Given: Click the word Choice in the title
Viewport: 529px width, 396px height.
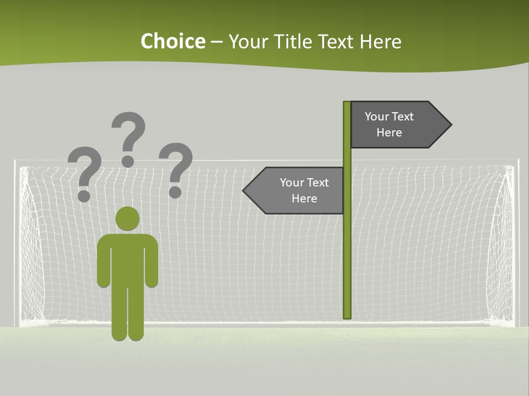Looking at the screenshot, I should tap(172, 42).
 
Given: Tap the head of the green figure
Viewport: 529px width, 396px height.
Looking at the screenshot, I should tap(127, 218).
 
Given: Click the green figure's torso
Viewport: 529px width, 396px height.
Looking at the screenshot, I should tap(127, 258).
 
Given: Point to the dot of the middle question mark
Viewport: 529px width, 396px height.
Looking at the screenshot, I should tap(128, 161).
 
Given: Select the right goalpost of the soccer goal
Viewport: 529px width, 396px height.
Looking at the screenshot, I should tap(516, 242).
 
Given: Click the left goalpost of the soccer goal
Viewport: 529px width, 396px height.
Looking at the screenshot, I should tap(17, 242).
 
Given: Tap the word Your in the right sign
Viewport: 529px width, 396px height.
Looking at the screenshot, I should tap(377, 117).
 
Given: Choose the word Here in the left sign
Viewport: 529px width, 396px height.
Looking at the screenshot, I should tap(304, 199).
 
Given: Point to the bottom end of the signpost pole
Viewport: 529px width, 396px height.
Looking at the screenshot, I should tap(347, 316).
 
